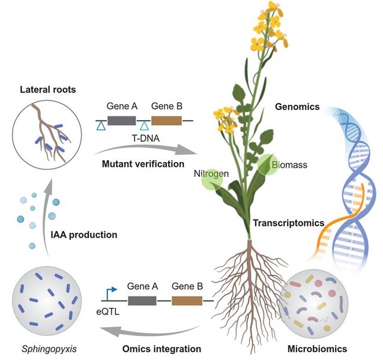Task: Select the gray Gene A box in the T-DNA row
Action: (x=122, y=120)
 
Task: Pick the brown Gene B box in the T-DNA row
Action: (x=166, y=120)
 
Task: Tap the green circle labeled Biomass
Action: (x=268, y=164)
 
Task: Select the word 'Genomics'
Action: (x=295, y=107)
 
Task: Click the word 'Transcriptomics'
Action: (x=285, y=223)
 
